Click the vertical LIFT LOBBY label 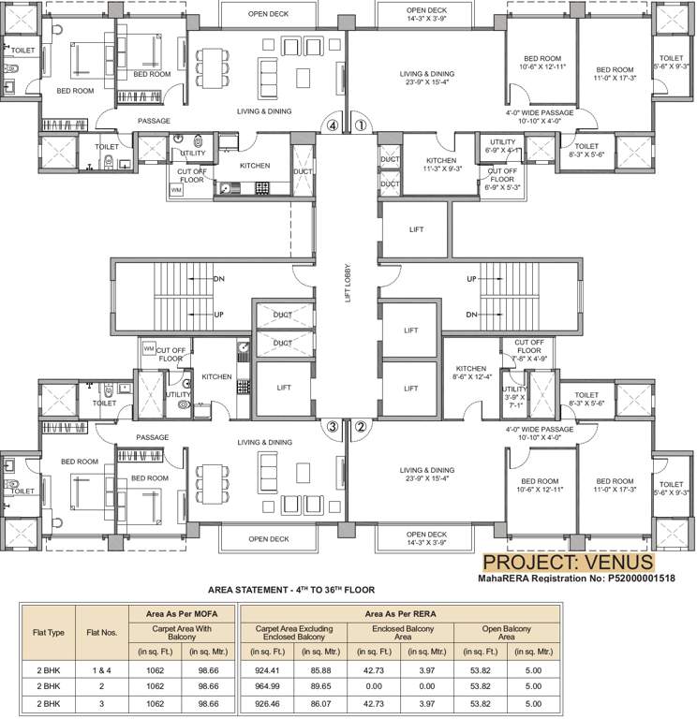(348, 282)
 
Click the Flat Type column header (46, 632)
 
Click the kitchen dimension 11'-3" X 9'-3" (441, 170)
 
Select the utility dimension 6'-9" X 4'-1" (502, 150)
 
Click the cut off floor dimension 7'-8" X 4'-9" (528, 359)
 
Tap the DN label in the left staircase (218, 279)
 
